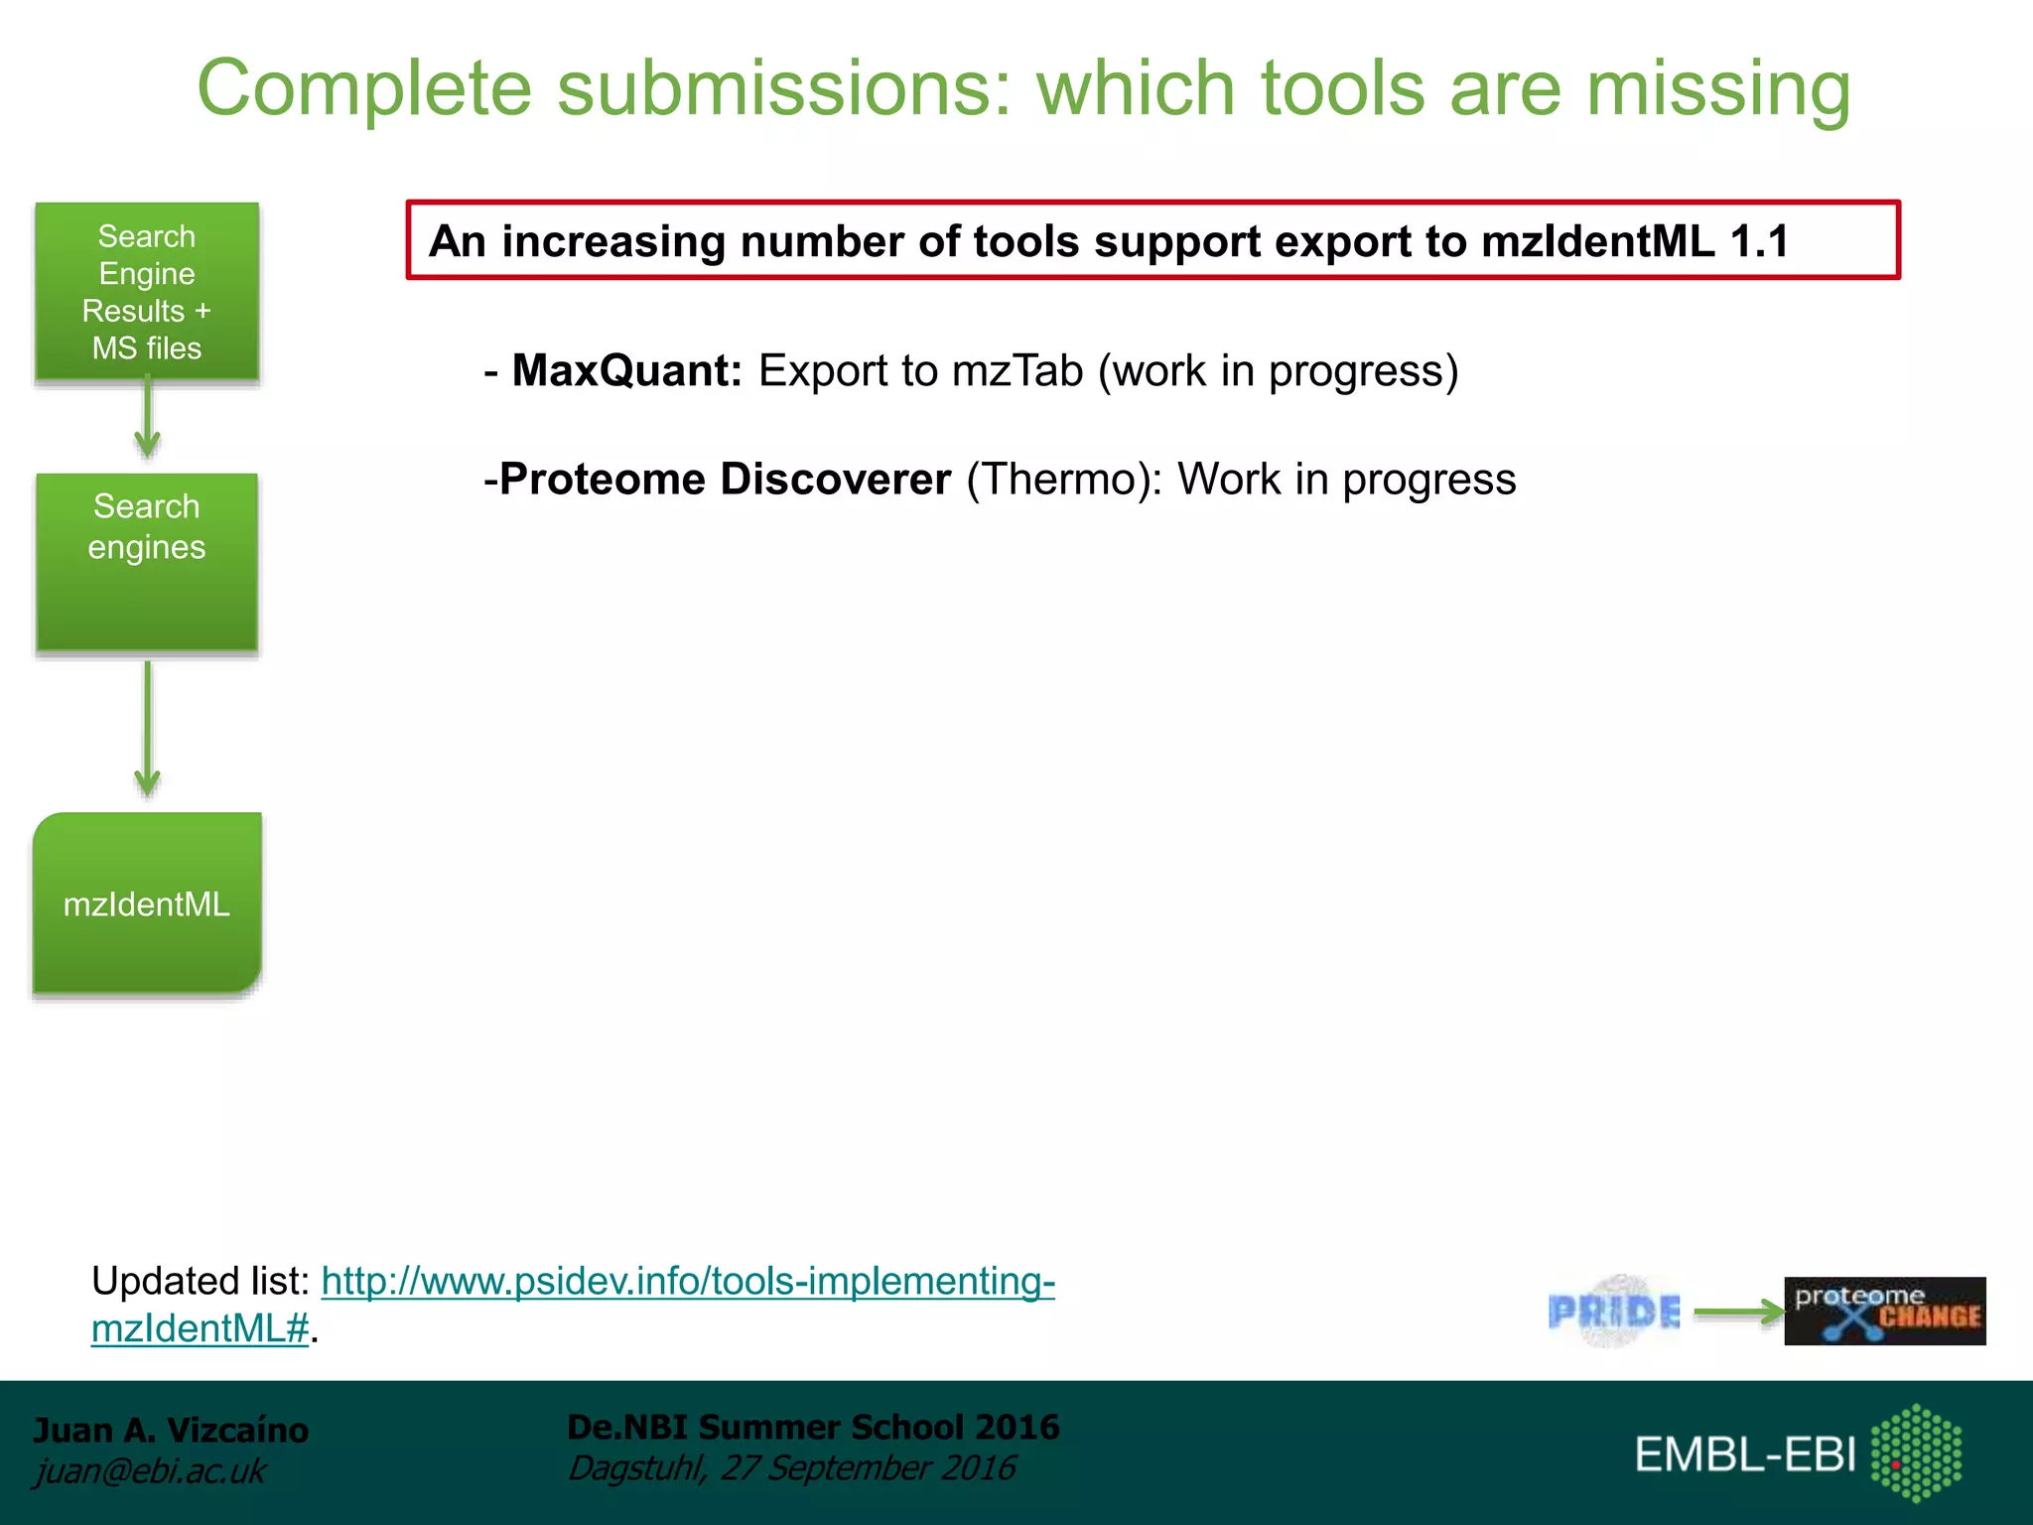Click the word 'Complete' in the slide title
point(364,89)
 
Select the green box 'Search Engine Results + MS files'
point(147,292)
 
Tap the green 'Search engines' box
point(147,562)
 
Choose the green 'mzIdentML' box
point(147,903)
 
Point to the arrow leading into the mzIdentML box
point(147,730)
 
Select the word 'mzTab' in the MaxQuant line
point(1016,371)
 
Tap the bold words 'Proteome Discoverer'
point(725,480)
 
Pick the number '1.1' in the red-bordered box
point(1759,241)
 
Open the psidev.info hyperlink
point(687,1282)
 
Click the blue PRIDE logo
point(1614,1313)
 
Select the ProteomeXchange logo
point(1884,1312)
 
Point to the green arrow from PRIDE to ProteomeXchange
point(1737,1313)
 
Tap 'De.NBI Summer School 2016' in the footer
point(812,1427)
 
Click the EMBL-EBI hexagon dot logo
point(1916,1453)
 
